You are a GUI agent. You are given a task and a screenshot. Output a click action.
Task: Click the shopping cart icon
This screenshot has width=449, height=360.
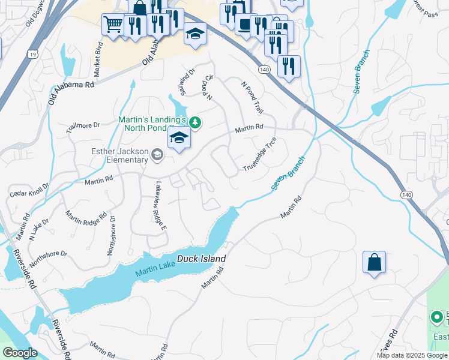click(112, 25)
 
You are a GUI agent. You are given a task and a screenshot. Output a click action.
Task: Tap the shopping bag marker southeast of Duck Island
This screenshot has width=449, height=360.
click(374, 262)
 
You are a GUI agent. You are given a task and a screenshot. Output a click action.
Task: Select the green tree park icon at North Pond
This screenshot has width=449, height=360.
click(194, 122)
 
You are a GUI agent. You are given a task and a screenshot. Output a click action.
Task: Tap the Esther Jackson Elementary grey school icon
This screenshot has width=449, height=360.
click(157, 155)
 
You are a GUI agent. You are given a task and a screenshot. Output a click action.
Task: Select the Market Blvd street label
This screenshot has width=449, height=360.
click(100, 52)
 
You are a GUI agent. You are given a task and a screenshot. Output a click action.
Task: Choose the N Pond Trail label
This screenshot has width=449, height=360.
click(252, 98)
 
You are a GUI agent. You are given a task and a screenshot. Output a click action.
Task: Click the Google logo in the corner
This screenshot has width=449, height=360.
click(20, 353)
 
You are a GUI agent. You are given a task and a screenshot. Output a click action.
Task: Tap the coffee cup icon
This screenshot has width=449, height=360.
click(244, 25)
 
